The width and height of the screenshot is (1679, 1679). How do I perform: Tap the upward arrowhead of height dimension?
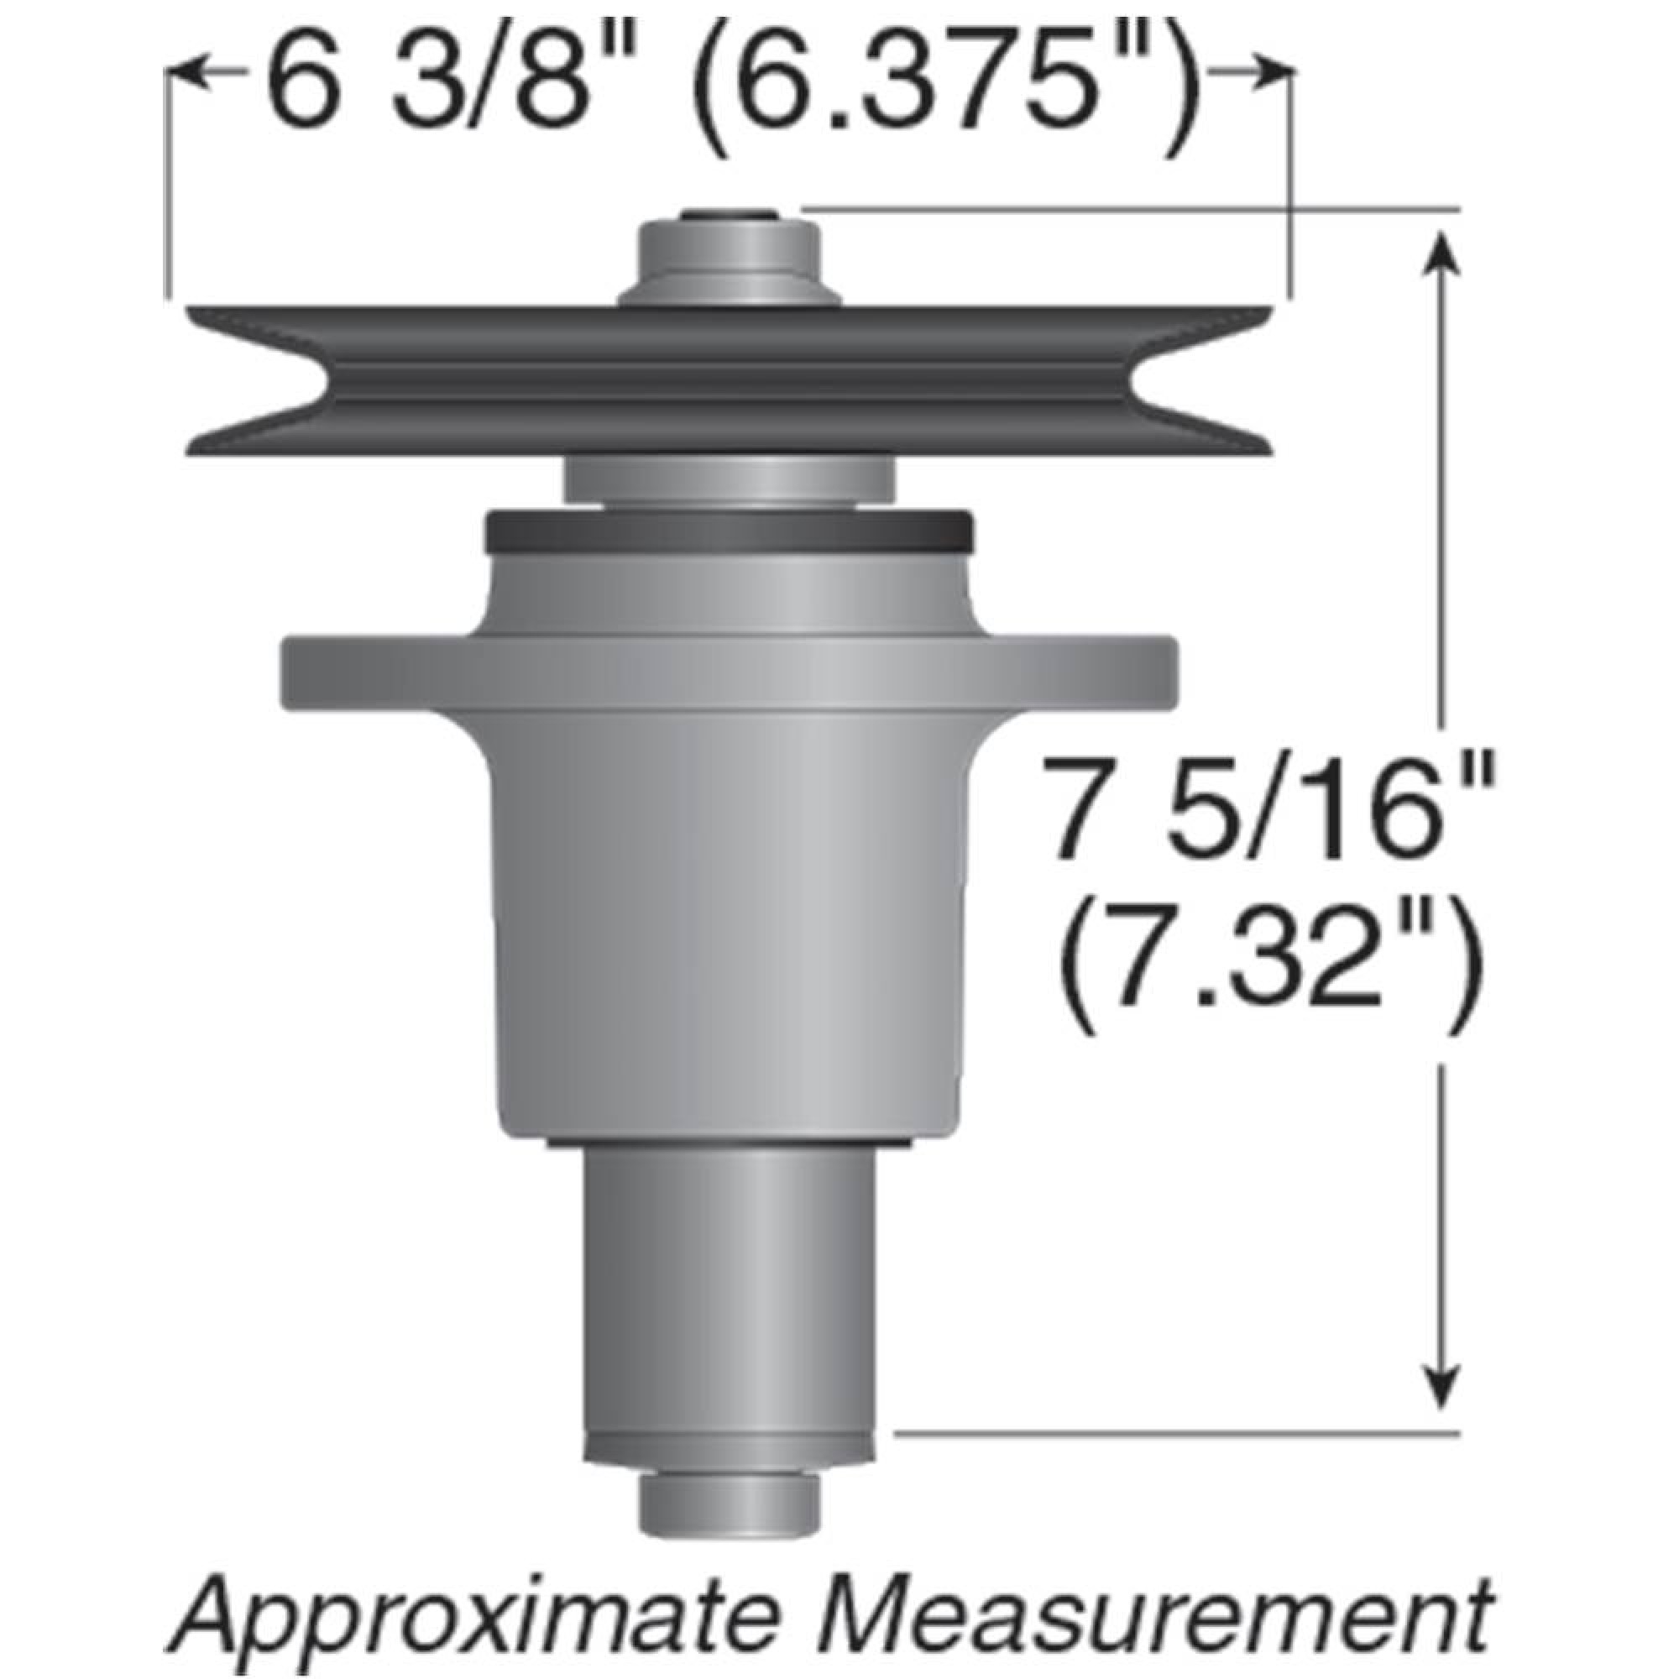[x=1442, y=252]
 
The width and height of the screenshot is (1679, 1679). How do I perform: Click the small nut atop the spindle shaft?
[x=728, y=216]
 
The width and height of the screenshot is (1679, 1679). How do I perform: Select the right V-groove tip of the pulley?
[x=1135, y=379]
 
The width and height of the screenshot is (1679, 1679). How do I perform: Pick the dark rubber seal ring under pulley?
[x=728, y=532]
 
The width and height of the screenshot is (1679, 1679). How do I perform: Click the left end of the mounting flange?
[x=296, y=672]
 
